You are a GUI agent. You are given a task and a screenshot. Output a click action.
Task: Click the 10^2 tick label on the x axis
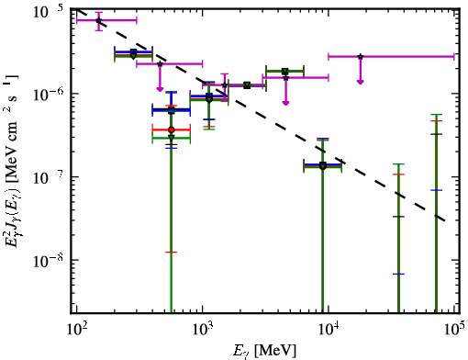tap(75, 330)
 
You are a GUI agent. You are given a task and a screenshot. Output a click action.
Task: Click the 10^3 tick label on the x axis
tap(202, 330)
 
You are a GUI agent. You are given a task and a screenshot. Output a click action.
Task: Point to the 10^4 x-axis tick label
tap(329, 330)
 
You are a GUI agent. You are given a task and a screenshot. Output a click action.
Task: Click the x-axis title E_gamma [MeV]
tap(264, 351)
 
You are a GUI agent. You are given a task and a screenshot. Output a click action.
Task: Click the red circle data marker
tap(172, 129)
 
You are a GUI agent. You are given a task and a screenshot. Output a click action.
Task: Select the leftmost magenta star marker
tap(98, 20)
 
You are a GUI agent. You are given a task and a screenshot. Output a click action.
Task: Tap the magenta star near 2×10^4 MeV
tap(361, 57)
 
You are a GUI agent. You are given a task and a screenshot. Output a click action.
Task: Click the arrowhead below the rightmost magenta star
tap(361, 82)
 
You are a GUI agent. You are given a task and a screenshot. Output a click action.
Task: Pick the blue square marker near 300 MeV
tap(133, 51)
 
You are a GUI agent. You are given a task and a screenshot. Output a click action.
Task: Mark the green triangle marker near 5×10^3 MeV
tap(285, 72)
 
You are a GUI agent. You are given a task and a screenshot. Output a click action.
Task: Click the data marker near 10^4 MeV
tap(322, 165)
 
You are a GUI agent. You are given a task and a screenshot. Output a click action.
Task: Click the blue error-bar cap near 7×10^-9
tap(398, 274)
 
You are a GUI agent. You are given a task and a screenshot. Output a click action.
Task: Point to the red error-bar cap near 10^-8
tap(172, 253)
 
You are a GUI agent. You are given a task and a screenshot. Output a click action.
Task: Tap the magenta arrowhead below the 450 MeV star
tap(160, 89)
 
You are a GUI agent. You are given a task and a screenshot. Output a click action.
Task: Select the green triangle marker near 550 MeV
tap(172, 138)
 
